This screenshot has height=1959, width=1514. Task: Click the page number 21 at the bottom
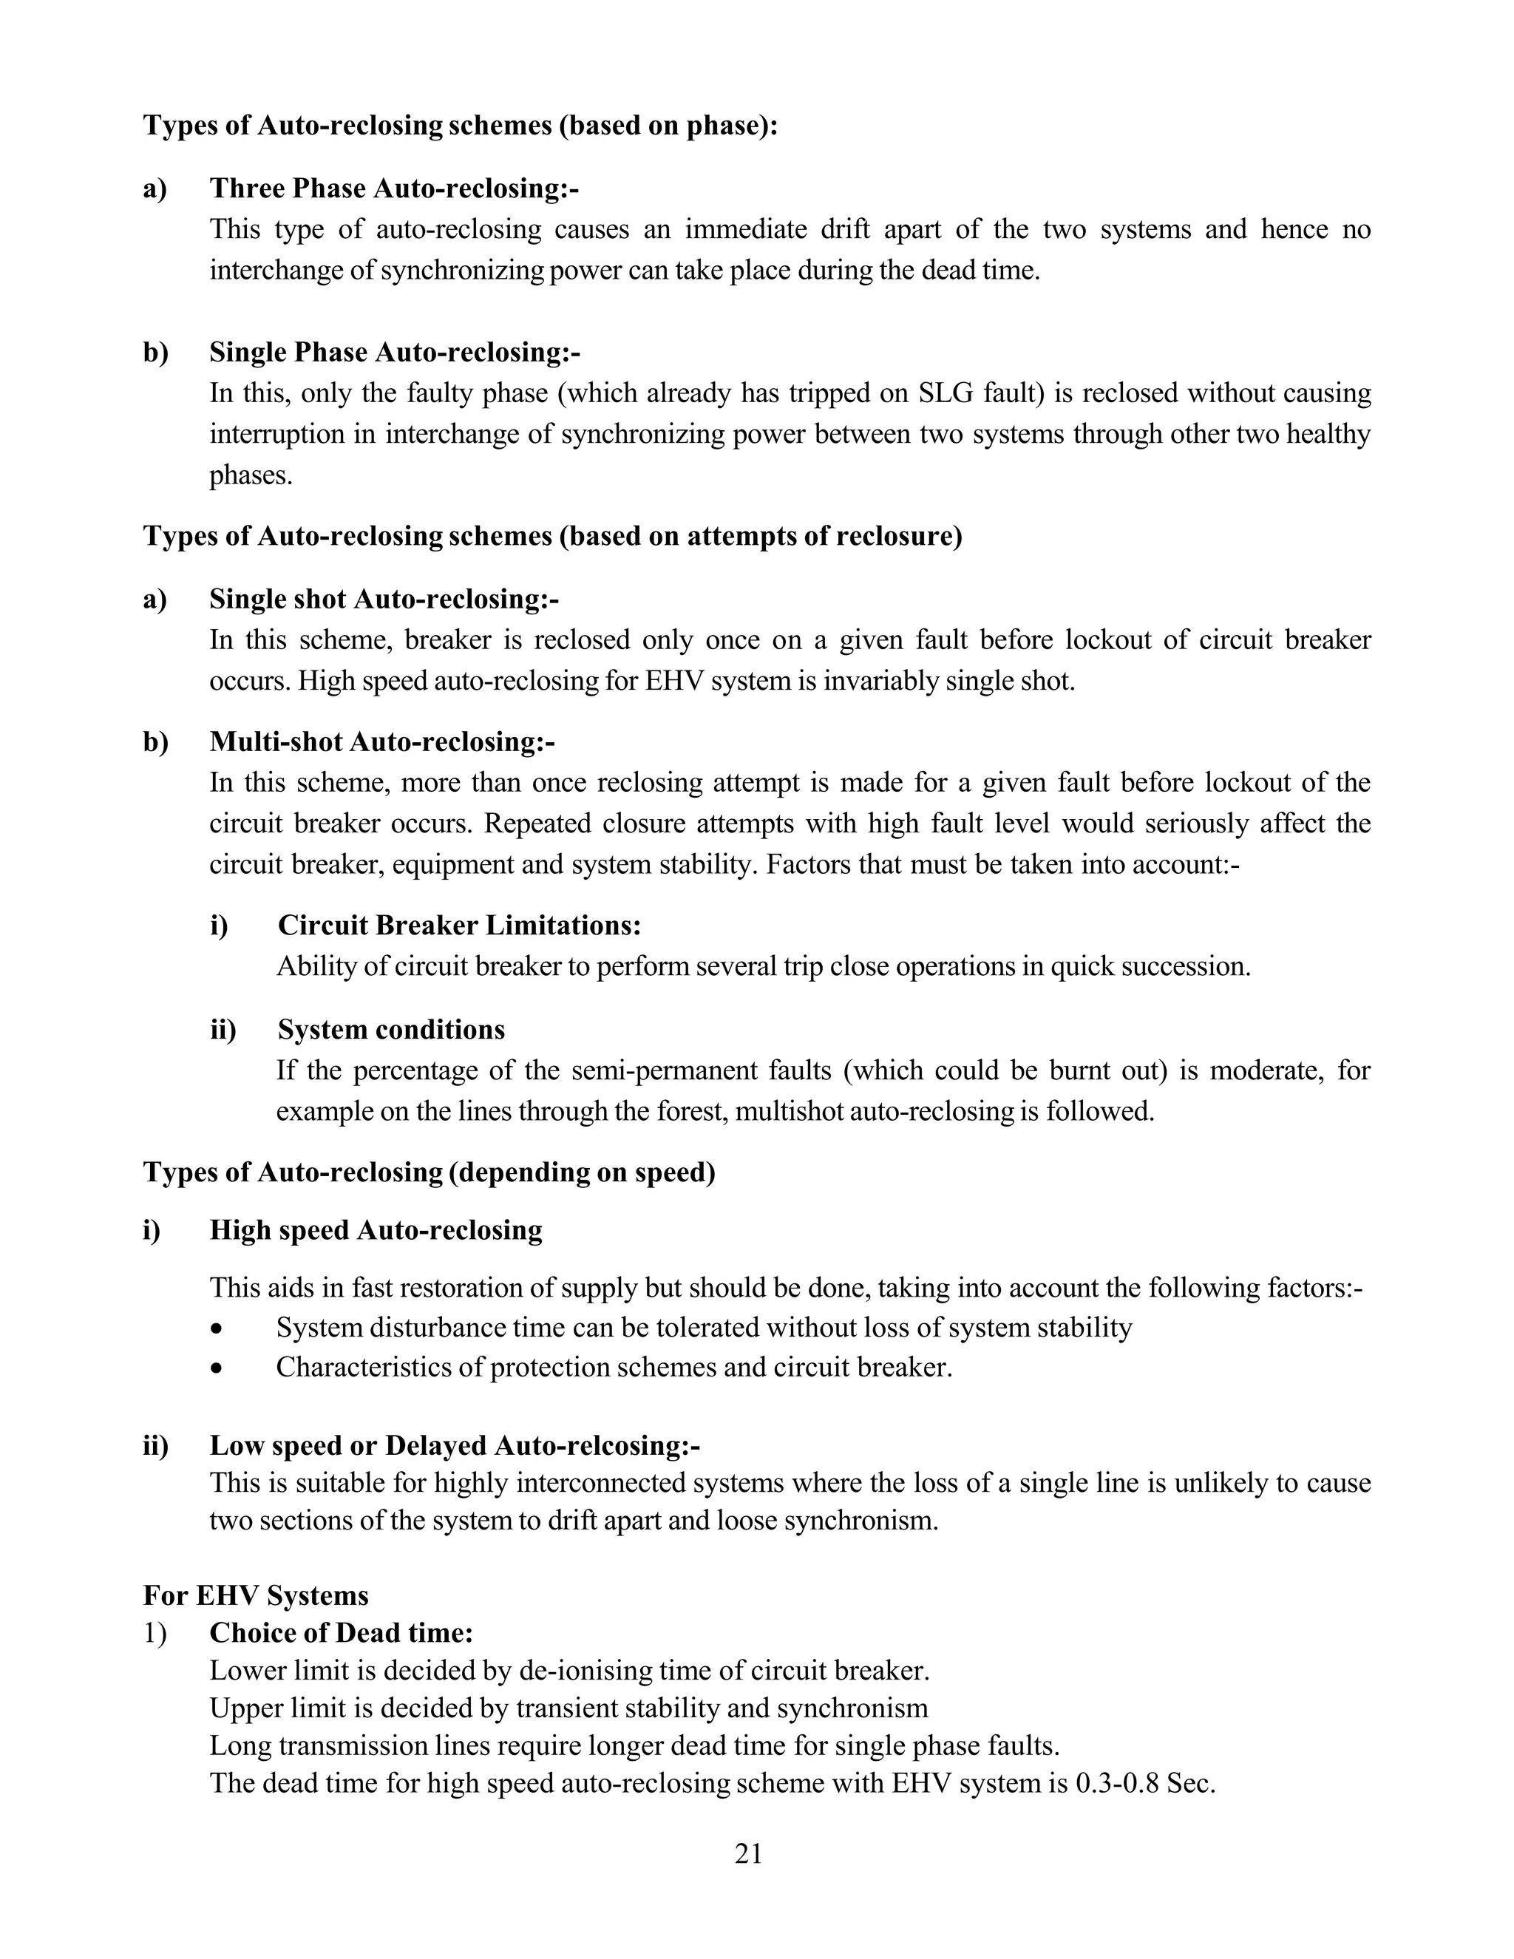point(748,1853)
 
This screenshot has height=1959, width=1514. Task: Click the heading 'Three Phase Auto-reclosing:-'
point(394,189)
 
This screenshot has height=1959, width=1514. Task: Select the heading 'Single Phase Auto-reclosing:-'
point(395,353)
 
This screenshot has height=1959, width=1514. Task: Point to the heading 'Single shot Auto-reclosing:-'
point(384,600)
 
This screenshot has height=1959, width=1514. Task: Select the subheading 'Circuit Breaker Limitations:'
point(459,925)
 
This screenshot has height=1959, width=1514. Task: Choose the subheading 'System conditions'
point(391,1029)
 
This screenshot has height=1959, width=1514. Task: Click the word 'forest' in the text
point(694,1111)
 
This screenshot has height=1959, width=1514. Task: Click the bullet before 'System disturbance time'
point(216,1329)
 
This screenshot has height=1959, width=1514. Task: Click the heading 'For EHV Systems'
point(256,1596)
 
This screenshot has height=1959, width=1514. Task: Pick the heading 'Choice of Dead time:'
point(341,1632)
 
